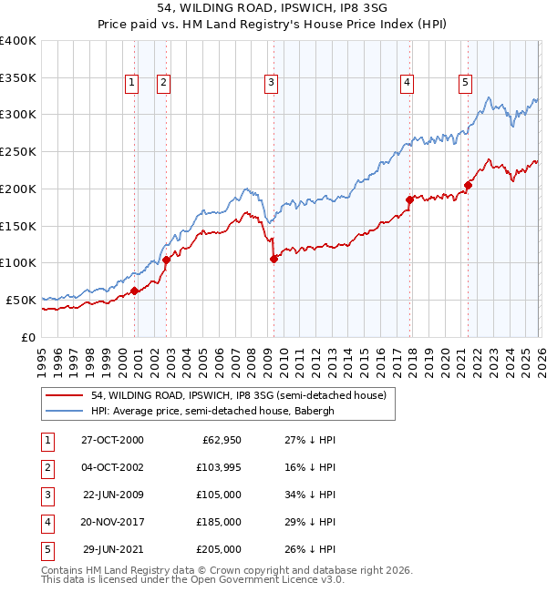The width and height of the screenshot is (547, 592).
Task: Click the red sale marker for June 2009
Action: point(273,259)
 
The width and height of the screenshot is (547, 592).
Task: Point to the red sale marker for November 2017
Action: point(409,199)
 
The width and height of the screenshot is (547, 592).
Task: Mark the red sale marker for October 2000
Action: point(134,291)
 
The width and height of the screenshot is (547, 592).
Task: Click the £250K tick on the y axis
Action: point(18,152)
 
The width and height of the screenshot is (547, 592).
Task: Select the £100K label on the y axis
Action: point(18,263)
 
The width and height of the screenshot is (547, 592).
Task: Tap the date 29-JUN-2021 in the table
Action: point(112,549)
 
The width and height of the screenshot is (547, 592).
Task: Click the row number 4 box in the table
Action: point(46,522)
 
